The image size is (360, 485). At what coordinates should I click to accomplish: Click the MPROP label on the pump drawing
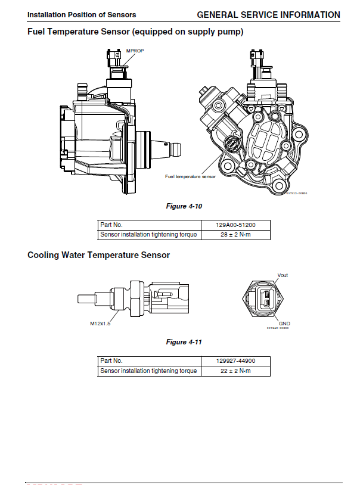135,51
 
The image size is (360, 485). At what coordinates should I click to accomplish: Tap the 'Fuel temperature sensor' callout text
190,176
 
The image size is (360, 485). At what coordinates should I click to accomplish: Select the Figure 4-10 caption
184,206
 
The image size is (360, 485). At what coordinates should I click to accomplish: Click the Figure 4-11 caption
184,342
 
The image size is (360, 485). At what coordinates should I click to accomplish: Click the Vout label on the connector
283,275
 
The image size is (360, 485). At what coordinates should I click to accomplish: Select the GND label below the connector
284,323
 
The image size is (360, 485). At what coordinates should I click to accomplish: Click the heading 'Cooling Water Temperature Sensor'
98,255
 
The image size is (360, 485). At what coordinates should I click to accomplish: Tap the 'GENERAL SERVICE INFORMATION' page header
268,14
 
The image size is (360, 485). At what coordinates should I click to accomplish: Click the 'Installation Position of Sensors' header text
82,15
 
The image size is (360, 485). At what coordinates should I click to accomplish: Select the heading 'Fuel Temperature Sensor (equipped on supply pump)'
135,32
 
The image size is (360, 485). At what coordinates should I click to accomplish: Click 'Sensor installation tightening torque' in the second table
148,371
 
